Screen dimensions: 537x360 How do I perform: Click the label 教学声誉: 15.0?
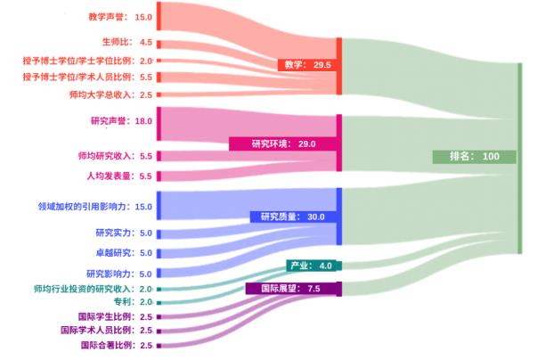(x=120, y=17)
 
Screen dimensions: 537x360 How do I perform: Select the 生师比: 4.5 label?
(x=127, y=42)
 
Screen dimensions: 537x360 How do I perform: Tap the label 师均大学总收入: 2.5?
(x=111, y=94)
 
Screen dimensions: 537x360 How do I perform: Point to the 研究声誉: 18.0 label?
(x=122, y=121)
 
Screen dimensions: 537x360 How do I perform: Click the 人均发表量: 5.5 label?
(x=119, y=176)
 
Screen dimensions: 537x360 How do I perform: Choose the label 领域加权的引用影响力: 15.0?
(x=95, y=207)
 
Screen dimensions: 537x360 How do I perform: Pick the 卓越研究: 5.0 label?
(x=124, y=253)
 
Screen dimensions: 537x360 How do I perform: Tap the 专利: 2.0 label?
(x=133, y=302)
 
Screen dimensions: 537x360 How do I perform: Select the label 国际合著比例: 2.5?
(x=117, y=345)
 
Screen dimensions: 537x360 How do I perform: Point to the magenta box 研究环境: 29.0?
(x=283, y=143)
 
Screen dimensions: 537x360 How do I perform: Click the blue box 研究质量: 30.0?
(x=293, y=217)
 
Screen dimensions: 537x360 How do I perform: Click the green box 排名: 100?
(x=475, y=157)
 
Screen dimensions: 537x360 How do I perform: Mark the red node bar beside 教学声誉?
(x=159, y=16)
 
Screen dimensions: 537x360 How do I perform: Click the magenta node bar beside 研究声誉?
(x=159, y=124)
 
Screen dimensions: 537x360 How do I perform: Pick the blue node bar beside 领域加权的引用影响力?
(x=159, y=206)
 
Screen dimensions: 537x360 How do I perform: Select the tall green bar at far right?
(x=519, y=159)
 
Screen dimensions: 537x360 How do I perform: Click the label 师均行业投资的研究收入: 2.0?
(x=93, y=289)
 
